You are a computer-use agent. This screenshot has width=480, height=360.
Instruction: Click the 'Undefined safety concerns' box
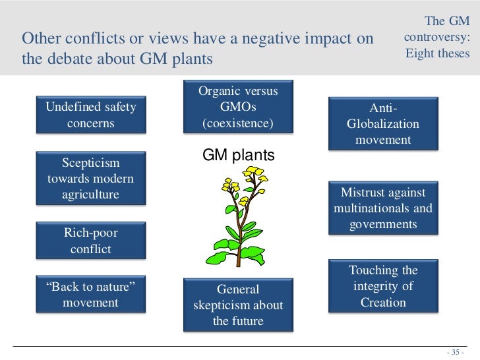point(90,115)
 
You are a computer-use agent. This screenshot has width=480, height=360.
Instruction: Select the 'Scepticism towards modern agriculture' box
point(90,178)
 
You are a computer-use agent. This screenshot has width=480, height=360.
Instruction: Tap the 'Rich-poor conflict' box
point(90,241)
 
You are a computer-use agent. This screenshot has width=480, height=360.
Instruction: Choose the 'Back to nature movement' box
point(90,295)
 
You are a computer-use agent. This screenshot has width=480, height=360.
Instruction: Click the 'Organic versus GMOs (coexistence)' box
point(238,107)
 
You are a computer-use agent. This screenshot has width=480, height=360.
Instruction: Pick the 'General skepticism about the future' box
point(238,305)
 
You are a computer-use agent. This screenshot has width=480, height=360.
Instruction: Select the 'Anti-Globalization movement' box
point(383,123)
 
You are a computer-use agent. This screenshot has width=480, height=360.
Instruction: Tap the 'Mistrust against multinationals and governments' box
point(383,208)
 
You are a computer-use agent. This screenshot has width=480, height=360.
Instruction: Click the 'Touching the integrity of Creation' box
point(383,286)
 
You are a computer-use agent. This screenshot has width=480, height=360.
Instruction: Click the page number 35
point(456,351)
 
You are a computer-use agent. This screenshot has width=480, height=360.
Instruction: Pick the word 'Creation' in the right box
point(383,303)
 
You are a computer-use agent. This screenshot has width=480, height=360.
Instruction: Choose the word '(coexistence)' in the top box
point(238,123)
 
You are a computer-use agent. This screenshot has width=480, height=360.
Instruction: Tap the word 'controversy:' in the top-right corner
point(436,38)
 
